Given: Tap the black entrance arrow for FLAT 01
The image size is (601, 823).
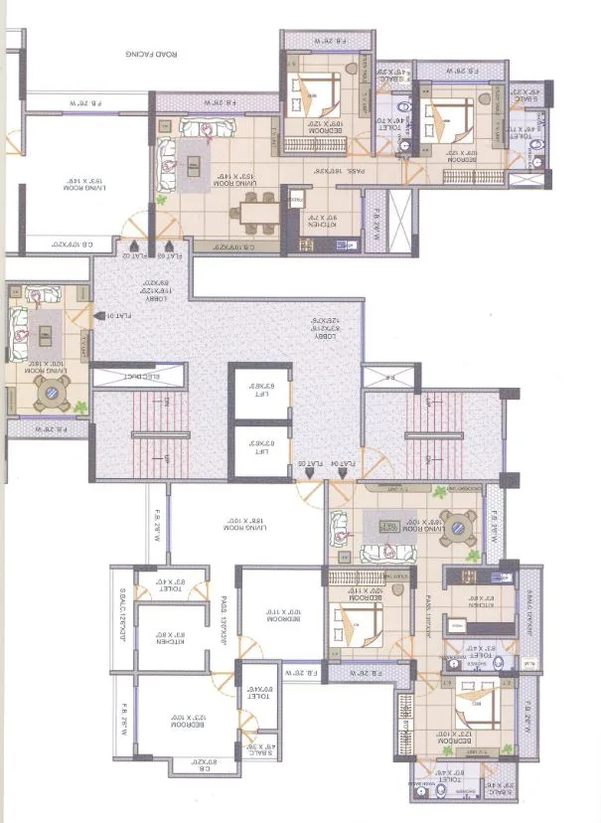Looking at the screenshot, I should click(97, 316).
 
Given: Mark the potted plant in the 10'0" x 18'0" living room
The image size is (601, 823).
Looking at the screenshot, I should click(75, 407).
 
